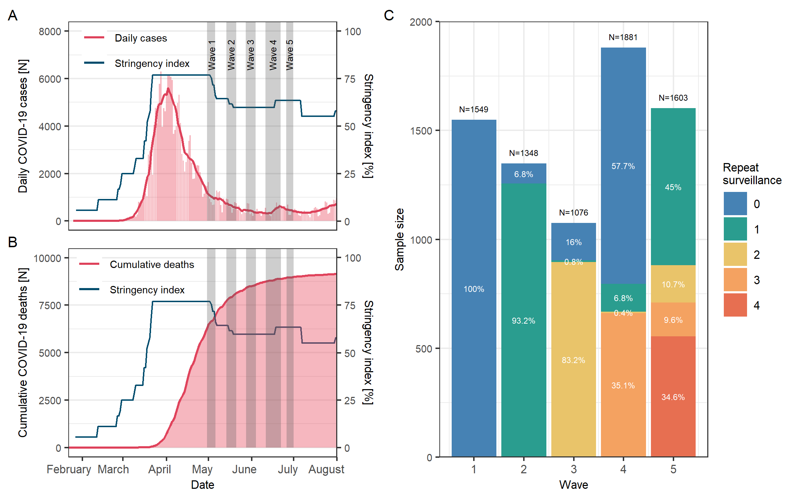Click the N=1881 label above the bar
click(623, 37)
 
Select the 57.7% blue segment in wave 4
click(623, 166)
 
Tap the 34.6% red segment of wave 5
click(673, 397)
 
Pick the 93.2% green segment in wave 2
click(523, 320)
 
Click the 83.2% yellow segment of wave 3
click(573, 360)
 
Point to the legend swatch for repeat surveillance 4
click(735, 305)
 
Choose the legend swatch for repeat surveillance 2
click(735, 254)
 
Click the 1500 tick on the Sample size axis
click(421, 131)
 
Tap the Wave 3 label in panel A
click(250, 55)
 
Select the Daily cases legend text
click(141, 38)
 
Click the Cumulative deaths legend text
click(152, 264)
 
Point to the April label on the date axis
click(159, 469)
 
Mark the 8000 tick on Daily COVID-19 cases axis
click(50, 32)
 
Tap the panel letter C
click(389, 15)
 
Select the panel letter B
click(13, 242)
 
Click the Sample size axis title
click(400, 239)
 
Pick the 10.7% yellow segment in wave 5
click(673, 284)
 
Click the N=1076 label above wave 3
click(573, 213)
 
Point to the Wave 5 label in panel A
click(289, 55)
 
